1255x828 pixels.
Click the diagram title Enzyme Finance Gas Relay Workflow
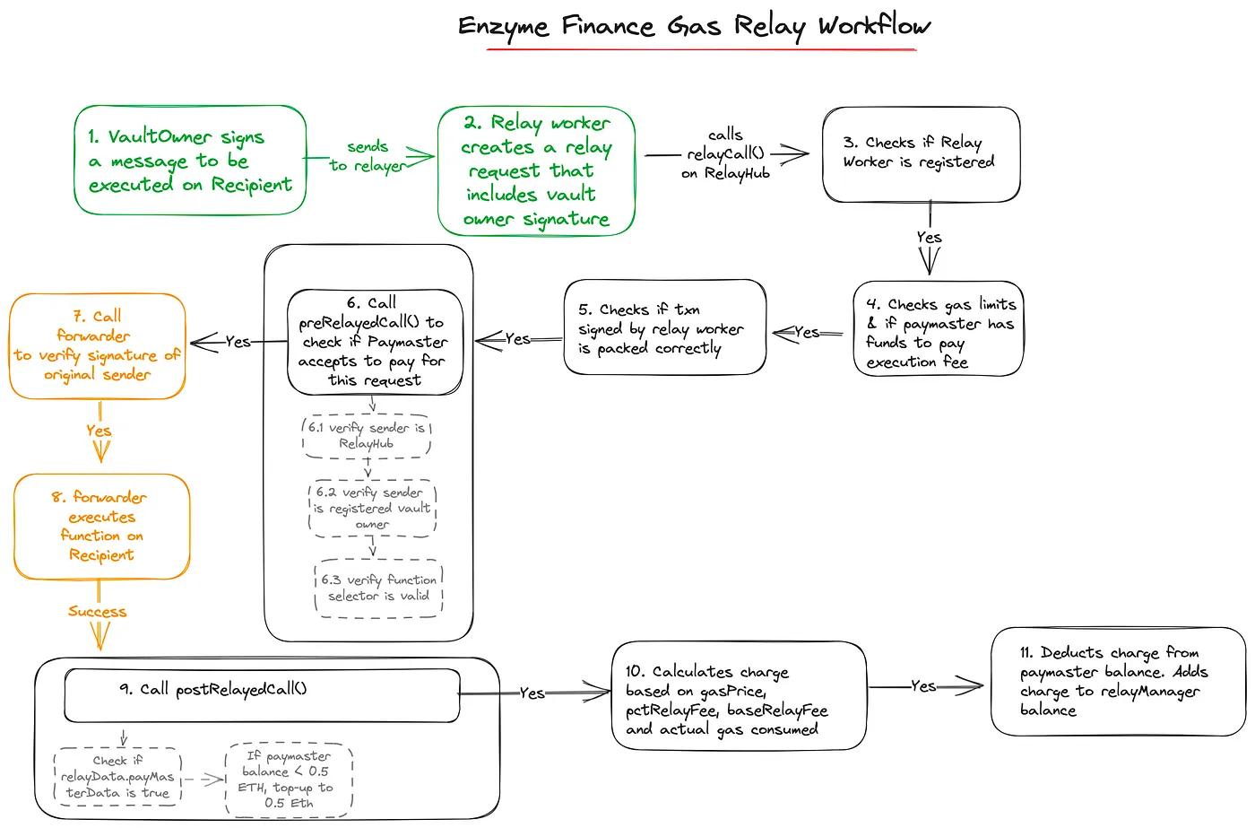coord(694,27)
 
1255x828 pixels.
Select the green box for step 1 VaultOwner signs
coord(190,161)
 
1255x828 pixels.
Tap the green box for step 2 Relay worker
coord(536,170)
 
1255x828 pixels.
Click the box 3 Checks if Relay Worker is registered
coord(921,153)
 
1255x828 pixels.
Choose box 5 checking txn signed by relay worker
coord(664,327)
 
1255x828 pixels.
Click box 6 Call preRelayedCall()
coord(374,342)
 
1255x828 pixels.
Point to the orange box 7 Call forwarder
coord(97,345)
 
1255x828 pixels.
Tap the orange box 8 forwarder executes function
coord(101,526)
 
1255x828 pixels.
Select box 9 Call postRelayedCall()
coord(262,694)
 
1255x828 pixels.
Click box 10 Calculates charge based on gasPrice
coord(739,696)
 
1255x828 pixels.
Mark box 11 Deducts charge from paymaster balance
coord(1117,681)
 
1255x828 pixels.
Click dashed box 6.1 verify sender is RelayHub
coord(367,436)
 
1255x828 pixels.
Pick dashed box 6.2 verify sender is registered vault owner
coord(372,509)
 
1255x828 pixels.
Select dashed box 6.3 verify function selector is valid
coord(379,588)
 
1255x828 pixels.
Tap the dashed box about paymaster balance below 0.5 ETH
coord(289,779)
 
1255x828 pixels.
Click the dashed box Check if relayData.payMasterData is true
coord(117,777)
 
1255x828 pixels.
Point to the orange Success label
coord(98,612)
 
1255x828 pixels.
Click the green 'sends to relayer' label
coord(368,155)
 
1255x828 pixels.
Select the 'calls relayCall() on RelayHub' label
coord(725,153)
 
